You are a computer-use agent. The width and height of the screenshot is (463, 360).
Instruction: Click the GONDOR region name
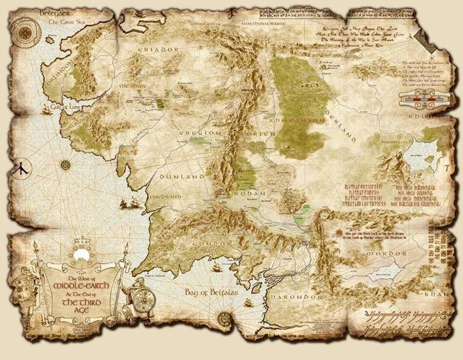click(x=213, y=244)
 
